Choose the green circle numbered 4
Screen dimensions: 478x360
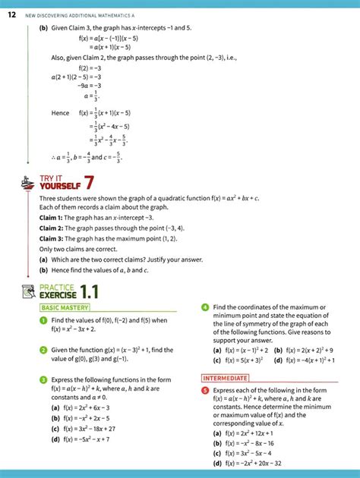pyautogui.click(x=205, y=307)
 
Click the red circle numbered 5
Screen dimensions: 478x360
pyautogui.click(x=205, y=390)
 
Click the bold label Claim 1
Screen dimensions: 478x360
pyautogui.click(x=51, y=217)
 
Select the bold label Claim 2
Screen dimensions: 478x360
pyautogui.click(x=51, y=227)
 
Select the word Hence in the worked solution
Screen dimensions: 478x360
pyautogui.click(x=60, y=113)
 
